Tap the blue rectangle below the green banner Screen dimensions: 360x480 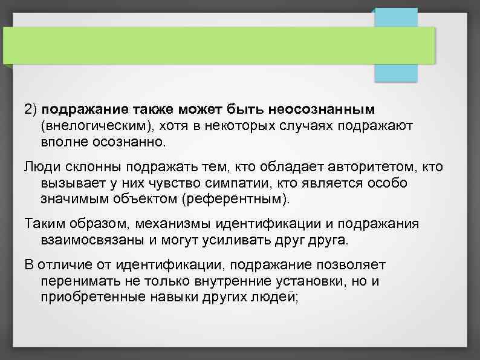396,73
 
